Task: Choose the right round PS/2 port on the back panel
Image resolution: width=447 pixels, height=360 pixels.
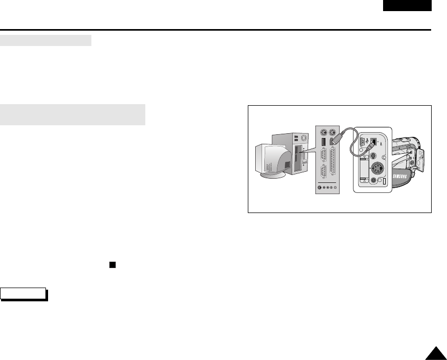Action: [x=333, y=133]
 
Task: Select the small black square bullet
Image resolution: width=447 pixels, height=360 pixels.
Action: [x=112, y=264]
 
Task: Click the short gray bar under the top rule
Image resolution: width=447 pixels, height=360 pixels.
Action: [x=46, y=41]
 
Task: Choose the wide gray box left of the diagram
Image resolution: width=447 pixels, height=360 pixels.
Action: [x=73, y=115]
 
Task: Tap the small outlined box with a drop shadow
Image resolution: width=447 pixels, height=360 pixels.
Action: [x=24, y=294]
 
